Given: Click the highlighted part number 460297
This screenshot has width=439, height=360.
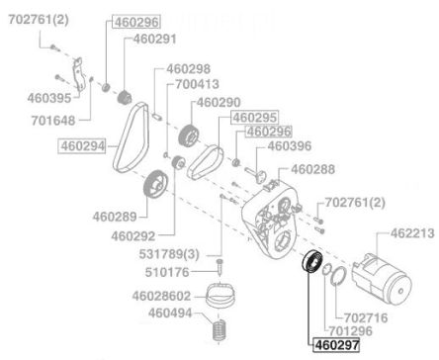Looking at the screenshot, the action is pyautogui.click(x=336, y=345).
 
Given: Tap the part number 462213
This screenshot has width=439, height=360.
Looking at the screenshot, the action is pyautogui.click(x=412, y=233).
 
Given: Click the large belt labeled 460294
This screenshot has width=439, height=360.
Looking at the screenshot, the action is pyautogui.click(x=132, y=136).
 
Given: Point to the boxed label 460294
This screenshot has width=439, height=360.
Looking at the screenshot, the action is pyautogui.click(x=82, y=145).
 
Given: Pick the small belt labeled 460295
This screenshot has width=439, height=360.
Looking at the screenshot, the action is pyautogui.click(x=206, y=162).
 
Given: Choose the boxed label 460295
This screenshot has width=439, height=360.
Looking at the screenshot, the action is pyautogui.click(x=255, y=117).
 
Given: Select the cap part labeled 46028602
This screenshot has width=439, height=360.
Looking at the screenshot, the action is pyautogui.click(x=220, y=294).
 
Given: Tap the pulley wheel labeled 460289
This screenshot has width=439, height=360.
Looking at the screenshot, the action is pyautogui.click(x=155, y=184).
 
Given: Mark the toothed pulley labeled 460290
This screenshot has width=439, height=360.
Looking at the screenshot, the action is pyautogui.click(x=189, y=135).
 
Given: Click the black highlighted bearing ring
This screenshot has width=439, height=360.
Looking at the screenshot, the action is pyautogui.click(x=312, y=262).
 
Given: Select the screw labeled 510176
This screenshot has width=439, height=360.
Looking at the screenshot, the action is pyautogui.click(x=219, y=267).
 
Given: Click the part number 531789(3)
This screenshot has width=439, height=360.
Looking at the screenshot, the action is pyautogui.click(x=169, y=254).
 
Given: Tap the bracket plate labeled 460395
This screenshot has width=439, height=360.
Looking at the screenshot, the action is pyautogui.click(x=78, y=74).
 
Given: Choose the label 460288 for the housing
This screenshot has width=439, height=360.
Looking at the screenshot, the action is pyautogui.click(x=312, y=169).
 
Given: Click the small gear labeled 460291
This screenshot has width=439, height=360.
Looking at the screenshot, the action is pyautogui.click(x=125, y=97).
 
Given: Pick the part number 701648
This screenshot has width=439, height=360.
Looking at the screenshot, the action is pyautogui.click(x=53, y=121).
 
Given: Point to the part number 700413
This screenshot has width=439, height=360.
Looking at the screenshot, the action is pyautogui.click(x=197, y=84).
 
